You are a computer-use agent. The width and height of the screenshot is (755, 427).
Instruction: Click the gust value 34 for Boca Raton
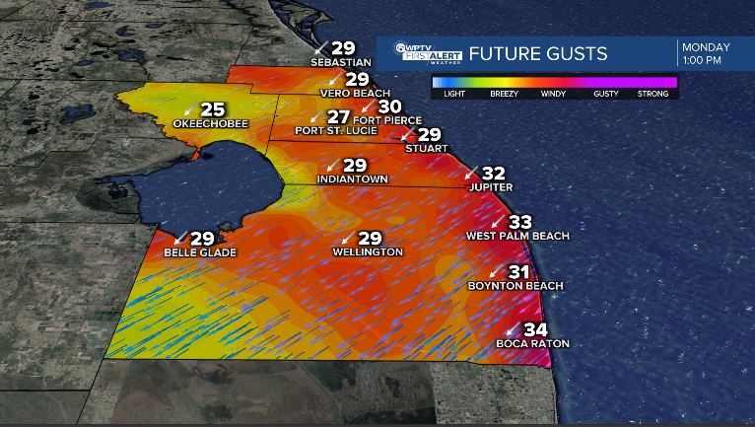[x=535, y=329]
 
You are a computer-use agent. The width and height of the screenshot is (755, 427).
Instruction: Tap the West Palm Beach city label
[x=516, y=237]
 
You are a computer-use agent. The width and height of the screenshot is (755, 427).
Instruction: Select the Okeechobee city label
[x=210, y=124]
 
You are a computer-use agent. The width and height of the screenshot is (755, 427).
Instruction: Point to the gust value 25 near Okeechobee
[x=212, y=109]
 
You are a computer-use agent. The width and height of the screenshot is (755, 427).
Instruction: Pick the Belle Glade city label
[x=200, y=252]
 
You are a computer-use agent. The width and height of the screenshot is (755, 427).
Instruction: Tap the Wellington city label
[x=368, y=252]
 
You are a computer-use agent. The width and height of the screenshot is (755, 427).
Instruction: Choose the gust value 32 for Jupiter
[x=492, y=174]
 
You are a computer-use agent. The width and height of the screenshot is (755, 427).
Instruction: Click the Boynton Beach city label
[x=515, y=286]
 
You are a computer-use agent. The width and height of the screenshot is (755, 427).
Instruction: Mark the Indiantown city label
[x=352, y=179]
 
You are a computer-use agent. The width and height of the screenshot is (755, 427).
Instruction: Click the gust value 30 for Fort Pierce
[x=389, y=107]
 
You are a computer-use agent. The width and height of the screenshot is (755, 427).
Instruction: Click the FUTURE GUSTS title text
[x=537, y=53]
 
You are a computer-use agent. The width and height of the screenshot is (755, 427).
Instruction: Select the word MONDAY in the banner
[x=706, y=47]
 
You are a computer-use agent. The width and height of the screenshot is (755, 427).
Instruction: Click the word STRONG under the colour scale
[x=652, y=95]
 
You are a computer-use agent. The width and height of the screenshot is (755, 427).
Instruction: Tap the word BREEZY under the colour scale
[x=504, y=95]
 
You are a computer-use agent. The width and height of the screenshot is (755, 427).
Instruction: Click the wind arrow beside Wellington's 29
[x=346, y=239]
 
